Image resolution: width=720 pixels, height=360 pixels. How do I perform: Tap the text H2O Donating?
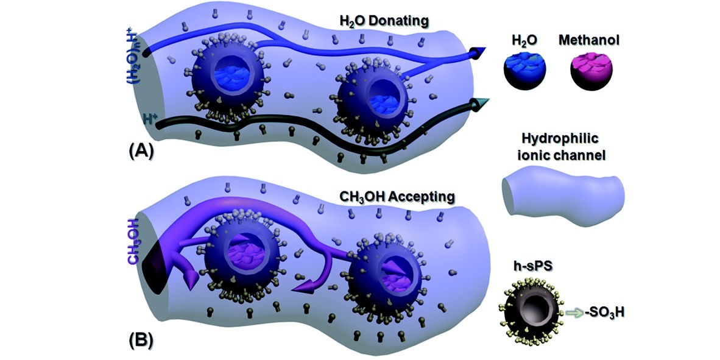tap(384, 22)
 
